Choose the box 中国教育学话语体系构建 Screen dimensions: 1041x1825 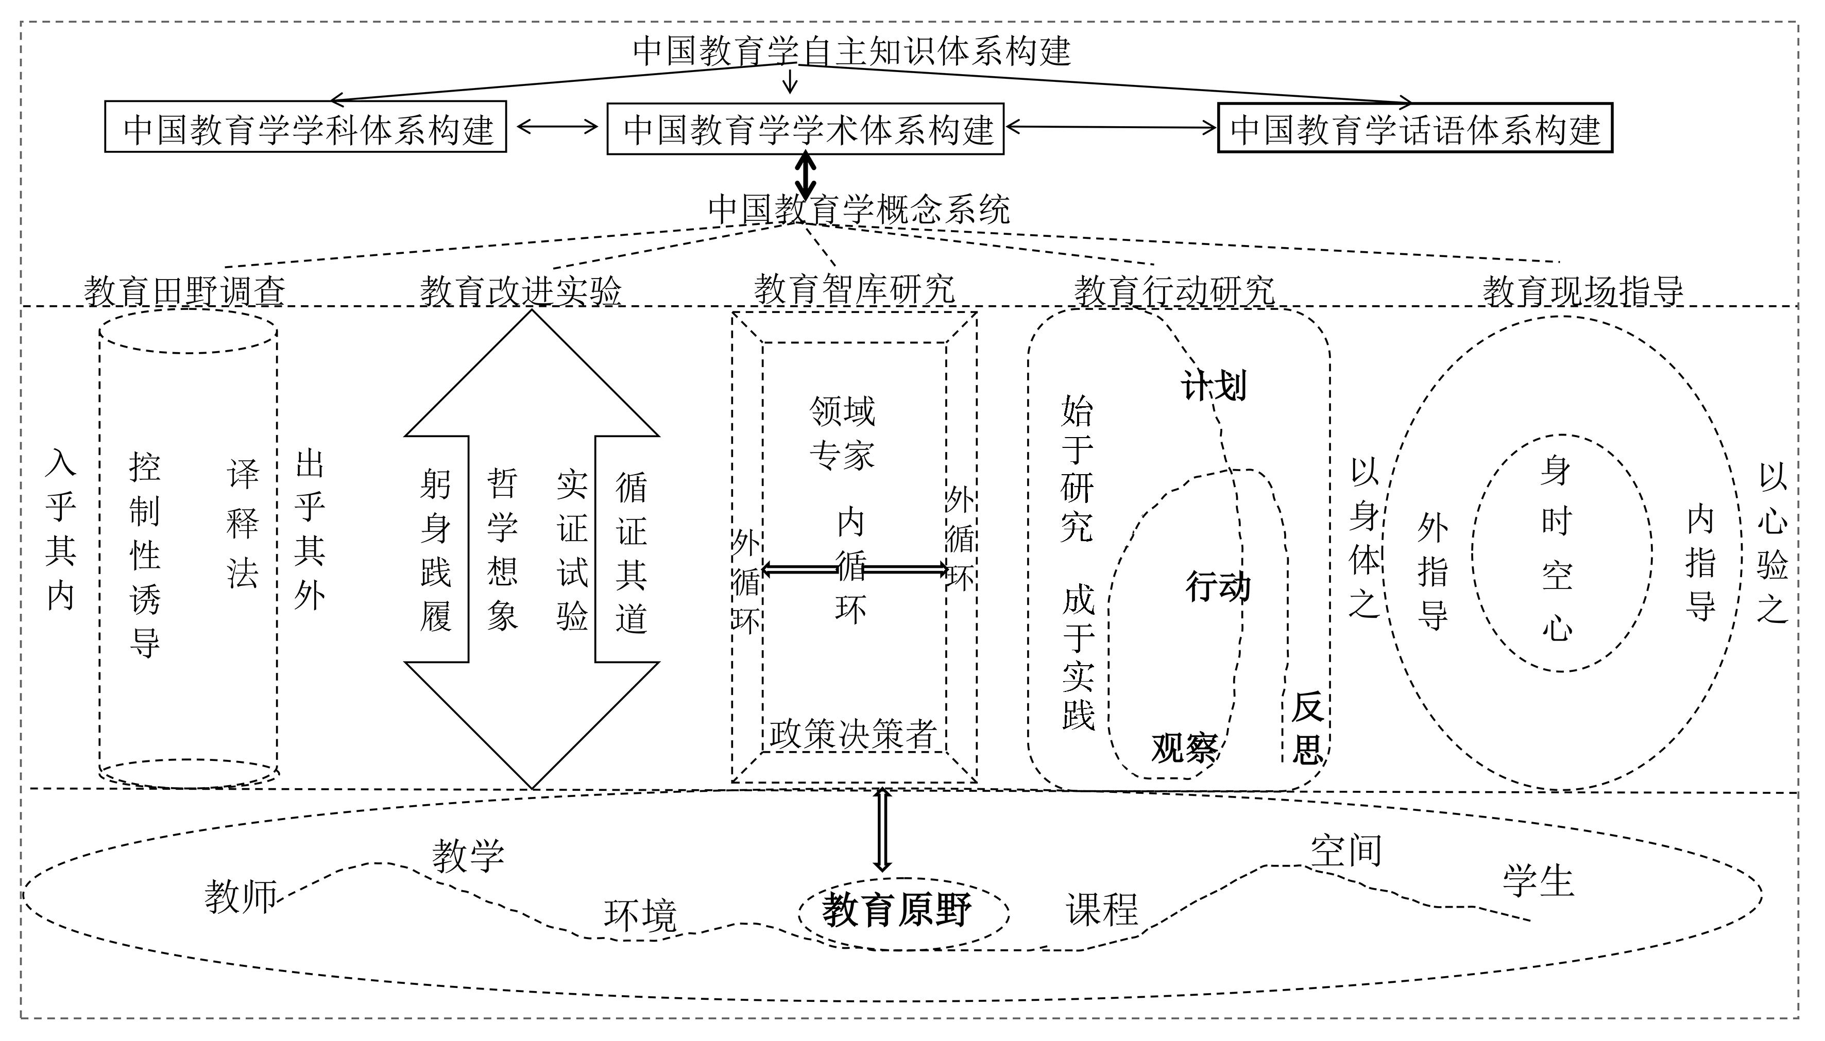point(1414,129)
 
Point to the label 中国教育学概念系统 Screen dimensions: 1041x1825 point(858,210)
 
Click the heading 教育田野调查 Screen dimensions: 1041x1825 point(184,291)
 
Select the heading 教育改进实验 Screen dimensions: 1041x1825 point(521,291)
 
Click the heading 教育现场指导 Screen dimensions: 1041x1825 point(1582,291)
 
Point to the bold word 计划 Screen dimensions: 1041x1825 point(1213,387)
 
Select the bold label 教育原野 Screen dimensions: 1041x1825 point(896,911)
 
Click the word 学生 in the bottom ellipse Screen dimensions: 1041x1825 point(1538,880)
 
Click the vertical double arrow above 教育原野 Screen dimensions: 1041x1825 point(882,829)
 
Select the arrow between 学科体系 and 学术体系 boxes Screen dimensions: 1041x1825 point(556,127)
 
